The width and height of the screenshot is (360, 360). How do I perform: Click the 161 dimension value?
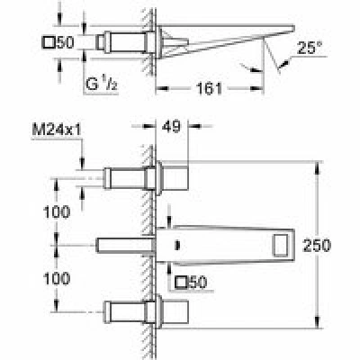[x=209, y=88]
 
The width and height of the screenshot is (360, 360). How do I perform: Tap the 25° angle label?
[x=310, y=48]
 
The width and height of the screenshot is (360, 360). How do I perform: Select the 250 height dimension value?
[x=317, y=246]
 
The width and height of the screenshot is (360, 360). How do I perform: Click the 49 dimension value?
[x=173, y=126]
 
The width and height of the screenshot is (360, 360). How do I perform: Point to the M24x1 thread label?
[x=57, y=130]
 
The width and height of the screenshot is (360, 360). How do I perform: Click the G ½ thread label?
[x=101, y=85]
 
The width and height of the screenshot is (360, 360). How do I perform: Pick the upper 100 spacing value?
[x=57, y=212]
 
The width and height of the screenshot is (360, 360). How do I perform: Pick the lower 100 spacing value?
[x=57, y=278]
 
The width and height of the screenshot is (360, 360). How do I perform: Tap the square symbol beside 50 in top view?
[x=49, y=42]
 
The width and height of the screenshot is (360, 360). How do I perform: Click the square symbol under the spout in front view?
[x=182, y=283]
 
